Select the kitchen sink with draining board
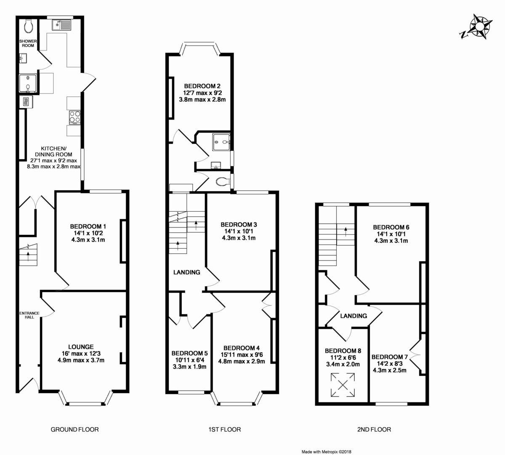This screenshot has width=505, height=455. (x=62, y=25)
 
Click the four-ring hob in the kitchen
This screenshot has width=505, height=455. (x=75, y=117)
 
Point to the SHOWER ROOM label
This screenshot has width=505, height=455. (x=28, y=43)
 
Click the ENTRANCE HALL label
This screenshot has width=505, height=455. (x=29, y=315)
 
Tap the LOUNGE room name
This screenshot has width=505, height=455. (x=81, y=347)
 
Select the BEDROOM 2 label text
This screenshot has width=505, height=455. (x=202, y=86)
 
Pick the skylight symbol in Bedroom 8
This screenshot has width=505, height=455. (x=343, y=385)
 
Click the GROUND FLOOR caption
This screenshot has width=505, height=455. (x=75, y=429)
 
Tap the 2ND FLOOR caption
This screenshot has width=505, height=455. (x=374, y=429)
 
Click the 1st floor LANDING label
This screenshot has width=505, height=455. (x=187, y=272)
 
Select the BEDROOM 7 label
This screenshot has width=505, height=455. (x=389, y=357)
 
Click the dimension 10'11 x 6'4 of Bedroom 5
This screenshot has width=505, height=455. (x=189, y=360)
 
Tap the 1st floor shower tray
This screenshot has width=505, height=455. (x=221, y=142)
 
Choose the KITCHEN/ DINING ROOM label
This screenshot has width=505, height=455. (x=53, y=152)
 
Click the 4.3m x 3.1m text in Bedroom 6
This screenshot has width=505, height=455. (x=391, y=241)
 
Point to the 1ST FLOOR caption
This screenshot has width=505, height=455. (x=225, y=429)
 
